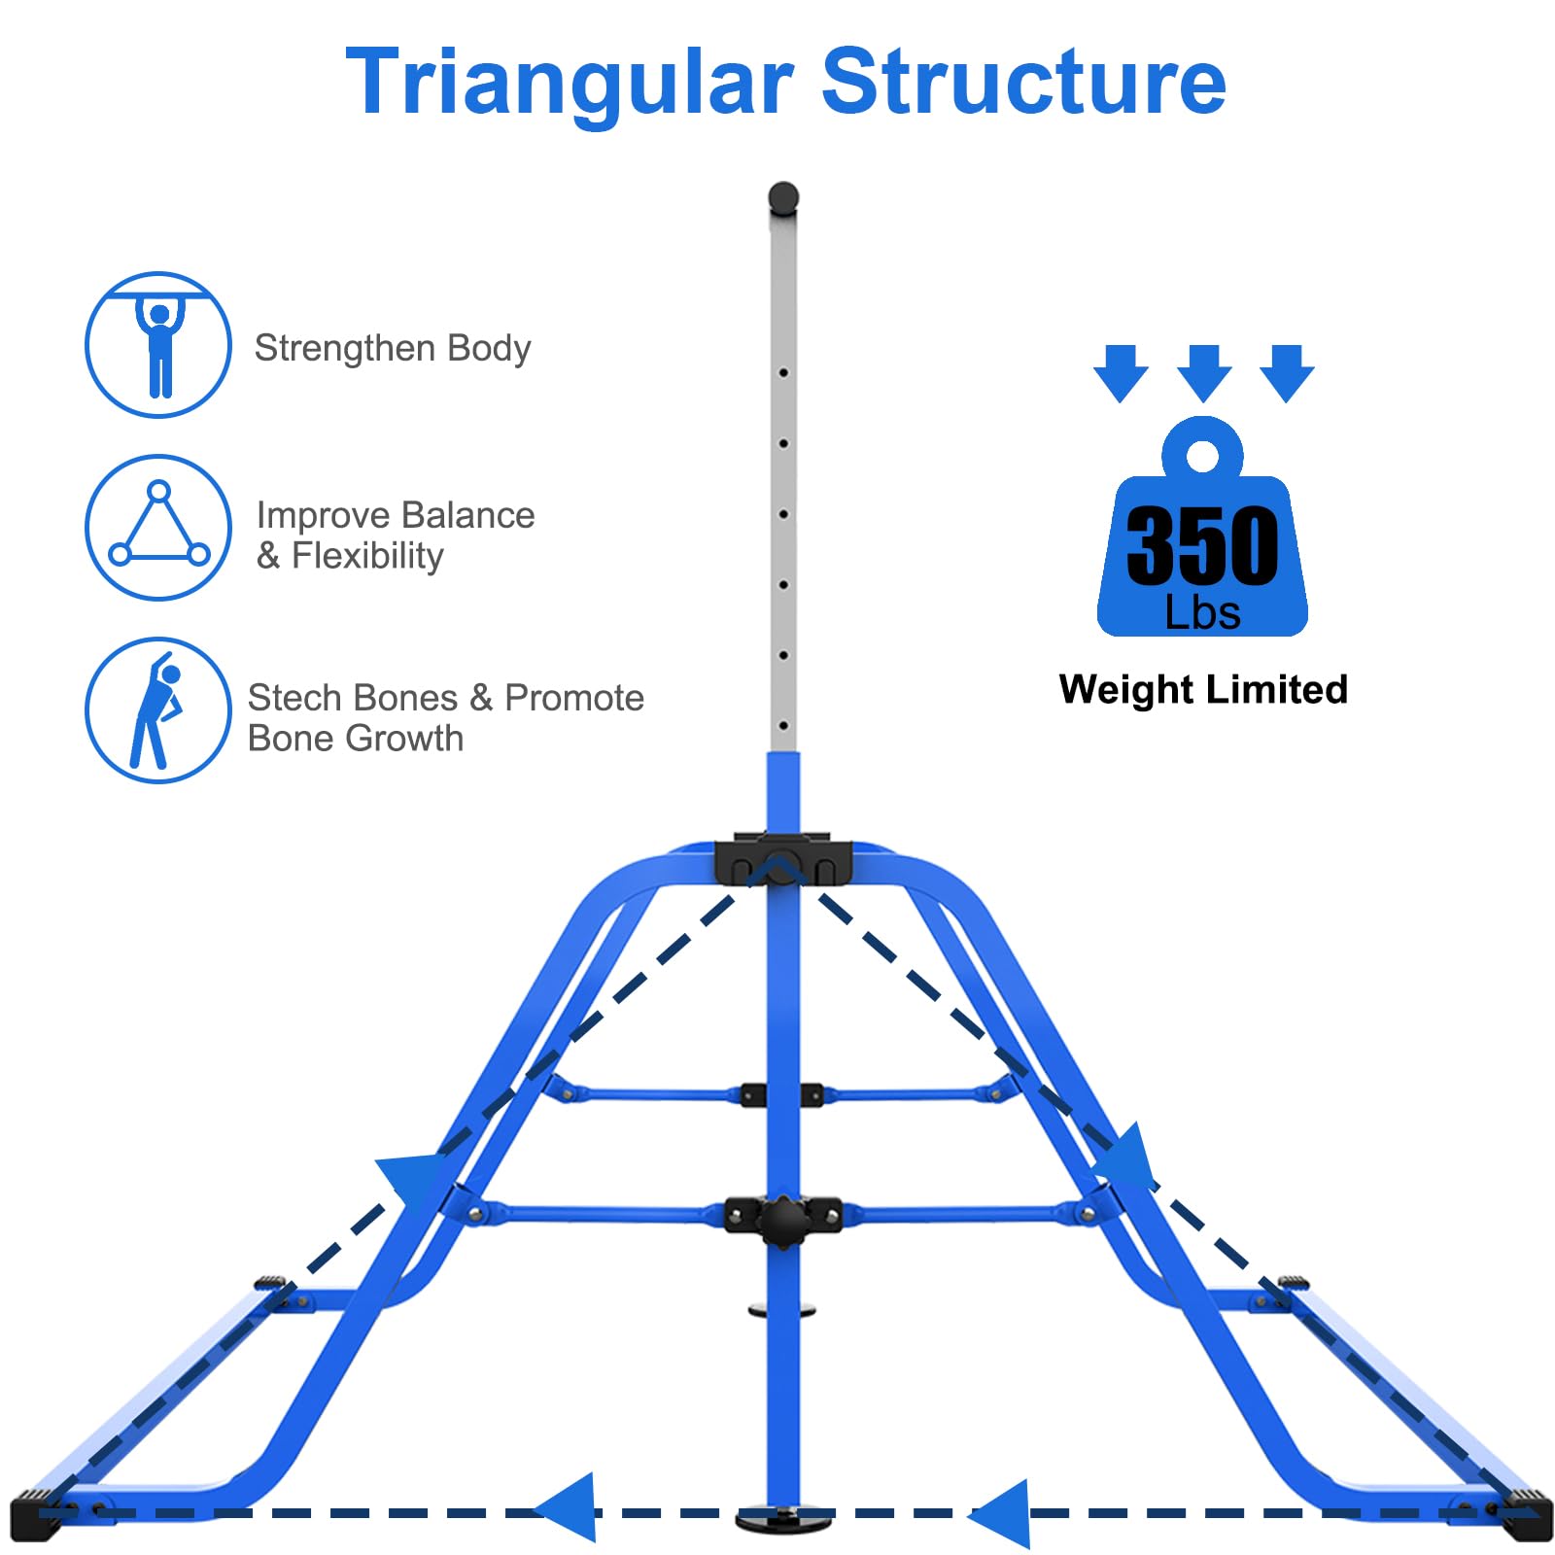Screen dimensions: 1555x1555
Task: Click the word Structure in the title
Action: (x=1024, y=82)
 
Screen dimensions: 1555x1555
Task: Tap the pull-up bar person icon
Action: (x=158, y=345)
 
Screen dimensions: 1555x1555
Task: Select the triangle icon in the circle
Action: (x=158, y=528)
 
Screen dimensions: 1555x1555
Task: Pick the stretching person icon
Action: (x=158, y=710)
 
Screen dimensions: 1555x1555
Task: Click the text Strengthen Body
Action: (x=393, y=349)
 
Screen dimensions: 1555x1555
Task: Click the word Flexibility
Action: (x=367, y=557)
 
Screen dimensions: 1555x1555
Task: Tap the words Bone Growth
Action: (x=356, y=740)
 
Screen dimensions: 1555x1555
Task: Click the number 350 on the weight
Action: (x=1203, y=546)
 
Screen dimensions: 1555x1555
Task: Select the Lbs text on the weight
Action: (x=1203, y=614)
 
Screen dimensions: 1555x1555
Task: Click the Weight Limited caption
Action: (x=1203, y=690)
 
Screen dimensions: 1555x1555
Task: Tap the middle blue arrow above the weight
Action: (x=1204, y=372)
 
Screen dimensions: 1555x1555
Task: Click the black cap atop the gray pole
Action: (x=783, y=198)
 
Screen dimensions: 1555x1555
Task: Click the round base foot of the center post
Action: (x=783, y=1519)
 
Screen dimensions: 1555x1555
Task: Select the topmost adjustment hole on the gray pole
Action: (x=783, y=372)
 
